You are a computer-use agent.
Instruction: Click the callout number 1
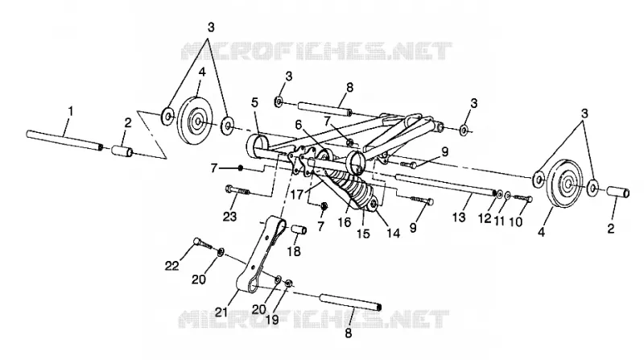click(x=71, y=111)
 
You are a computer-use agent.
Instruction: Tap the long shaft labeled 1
click(x=64, y=140)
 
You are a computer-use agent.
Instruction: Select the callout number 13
click(x=459, y=216)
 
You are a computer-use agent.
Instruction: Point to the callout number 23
click(x=229, y=216)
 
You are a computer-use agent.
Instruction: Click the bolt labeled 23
click(x=237, y=191)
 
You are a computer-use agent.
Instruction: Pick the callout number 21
click(x=221, y=312)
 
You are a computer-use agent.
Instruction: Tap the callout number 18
click(x=294, y=250)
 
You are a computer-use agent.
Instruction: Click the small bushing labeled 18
click(x=299, y=230)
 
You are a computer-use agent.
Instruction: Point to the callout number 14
click(x=393, y=233)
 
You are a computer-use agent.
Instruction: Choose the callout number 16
click(x=345, y=222)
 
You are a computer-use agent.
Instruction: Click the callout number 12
click(x=485, y=218)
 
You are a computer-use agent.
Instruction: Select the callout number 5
click(x=254, y=102)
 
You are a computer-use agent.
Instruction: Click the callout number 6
click(x=299, y=125)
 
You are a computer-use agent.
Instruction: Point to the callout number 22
click(x=172, y=266)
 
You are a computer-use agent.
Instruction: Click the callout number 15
click(x=363, y=234)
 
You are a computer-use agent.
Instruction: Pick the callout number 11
click(x=499, y=221)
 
